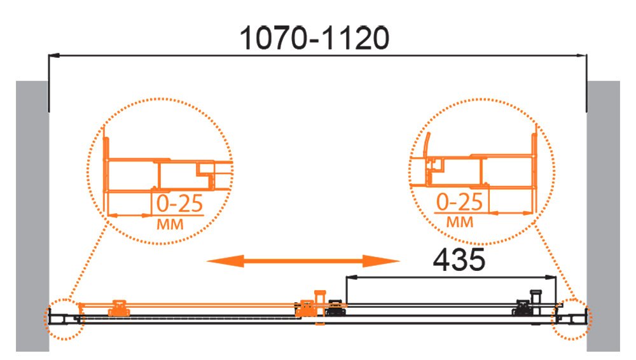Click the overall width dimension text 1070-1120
pyautogui.click(x=314, y=38)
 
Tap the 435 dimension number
pyautogui.click(x=459, y=260)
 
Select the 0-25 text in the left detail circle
pyautogui.click(x=180, y=204)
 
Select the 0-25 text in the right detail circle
pyautogui.click(x=460, y=202)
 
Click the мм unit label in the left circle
pyautogui.click(x=170, y=224)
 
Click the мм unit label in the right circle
pyautogui.click(x=460, y=222)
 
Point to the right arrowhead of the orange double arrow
pyautogui.click(x=381, y=261)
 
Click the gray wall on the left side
pyautogui.click(x=32, y=216)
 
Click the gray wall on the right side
pyautogui.click(x=603, y=216)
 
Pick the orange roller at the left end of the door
pyautogui.click(x=119, y=308)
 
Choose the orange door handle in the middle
pyautogui.click(x=320, y=307)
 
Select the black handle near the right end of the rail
pyautogui.click(x=536, y=301)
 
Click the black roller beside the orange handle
pyautogui.click(x=336, y=308)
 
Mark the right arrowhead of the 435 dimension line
pyautogui.click(x=551, y=277)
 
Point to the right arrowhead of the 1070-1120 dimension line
pyautogui.click(x=581, y=55)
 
